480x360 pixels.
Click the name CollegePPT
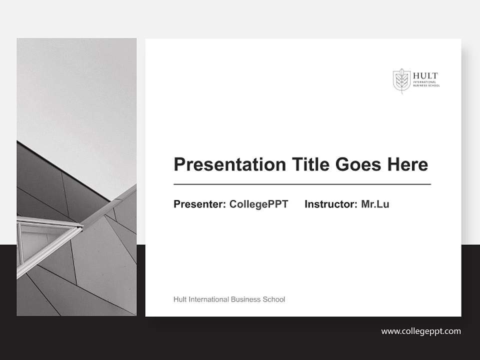point(258,204)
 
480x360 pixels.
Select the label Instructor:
point(330,204)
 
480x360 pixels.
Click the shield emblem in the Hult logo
point(401,80)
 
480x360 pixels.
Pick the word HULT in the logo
point(425,76)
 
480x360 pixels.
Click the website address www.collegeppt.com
point(421,331)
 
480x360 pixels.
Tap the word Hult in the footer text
point(180,299)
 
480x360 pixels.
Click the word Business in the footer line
point(246,299)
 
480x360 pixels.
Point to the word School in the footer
point(274,299)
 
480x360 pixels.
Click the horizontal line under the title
point(302,184)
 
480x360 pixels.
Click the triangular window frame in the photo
point(45,240)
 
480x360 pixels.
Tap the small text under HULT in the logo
point(426,84)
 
